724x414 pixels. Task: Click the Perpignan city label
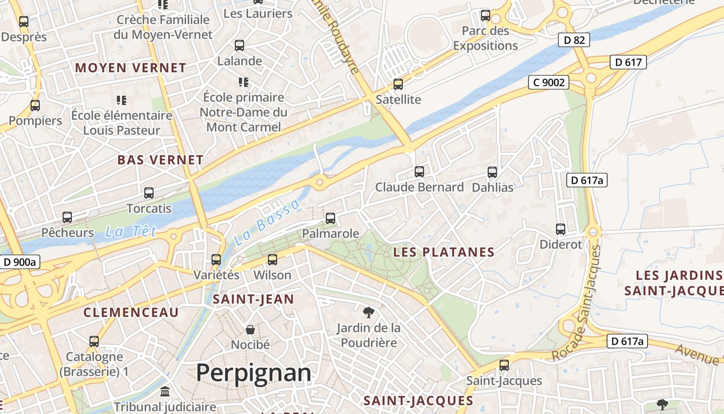(x=253, y=373)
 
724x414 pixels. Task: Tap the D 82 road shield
(x=574, y=40)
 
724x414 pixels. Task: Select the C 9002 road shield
(x=548, y=82)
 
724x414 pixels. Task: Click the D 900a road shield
(x=20, y=262)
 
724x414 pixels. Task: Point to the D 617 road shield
(x=628, y=63)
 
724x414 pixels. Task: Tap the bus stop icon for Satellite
(x=398, y=84)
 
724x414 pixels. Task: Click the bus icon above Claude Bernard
(x=419, y=171)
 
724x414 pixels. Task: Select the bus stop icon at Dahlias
(x=492, y=172)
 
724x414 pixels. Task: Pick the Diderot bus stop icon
(x=561, y=229)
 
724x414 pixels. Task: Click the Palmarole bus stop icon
(x=330, y=218)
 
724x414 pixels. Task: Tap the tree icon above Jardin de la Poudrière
(x=368, y=312)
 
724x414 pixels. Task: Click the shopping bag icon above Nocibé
(x=250, y=330)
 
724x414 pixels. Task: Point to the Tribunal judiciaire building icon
(x=165, y=392)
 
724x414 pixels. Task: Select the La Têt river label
(x=130, y=232)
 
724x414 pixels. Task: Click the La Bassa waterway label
(x=267, y=222)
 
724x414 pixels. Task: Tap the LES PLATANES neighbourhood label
(x=444, y=253)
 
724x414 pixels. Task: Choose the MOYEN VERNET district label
(x=130, y=68)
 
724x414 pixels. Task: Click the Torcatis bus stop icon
(x=149, y=193)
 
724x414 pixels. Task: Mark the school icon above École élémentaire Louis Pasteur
(x=121, y=100)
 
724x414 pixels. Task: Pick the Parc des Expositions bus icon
(x=485, y=16)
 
